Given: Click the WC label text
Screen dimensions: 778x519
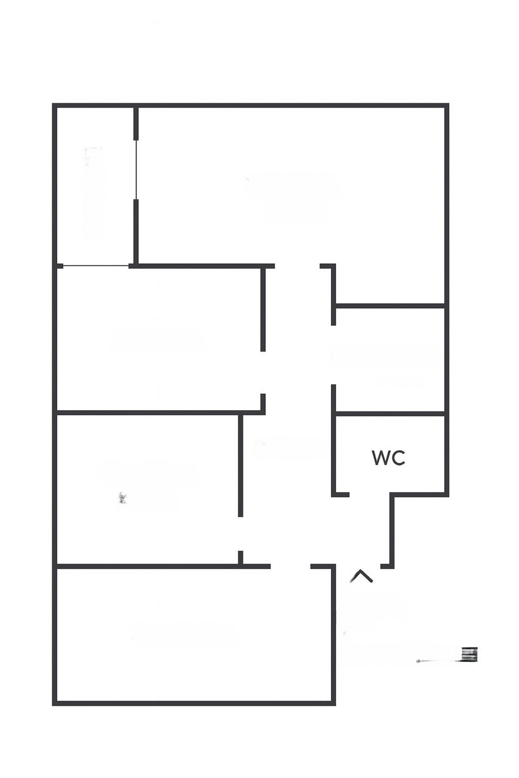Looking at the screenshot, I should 388,458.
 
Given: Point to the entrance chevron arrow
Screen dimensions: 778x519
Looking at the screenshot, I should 361,576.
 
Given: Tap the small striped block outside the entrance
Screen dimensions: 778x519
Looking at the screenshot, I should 469,654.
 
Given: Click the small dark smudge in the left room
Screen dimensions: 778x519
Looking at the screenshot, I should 122,498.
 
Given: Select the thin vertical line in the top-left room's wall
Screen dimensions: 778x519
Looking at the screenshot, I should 136,170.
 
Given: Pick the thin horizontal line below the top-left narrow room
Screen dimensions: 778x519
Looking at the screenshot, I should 96,266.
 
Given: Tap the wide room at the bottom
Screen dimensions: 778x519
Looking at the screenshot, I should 195,635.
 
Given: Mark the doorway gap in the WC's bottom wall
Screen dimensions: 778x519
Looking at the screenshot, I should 369,495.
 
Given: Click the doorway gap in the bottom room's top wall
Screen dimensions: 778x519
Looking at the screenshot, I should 290,566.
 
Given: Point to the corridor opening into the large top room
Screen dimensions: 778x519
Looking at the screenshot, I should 297,266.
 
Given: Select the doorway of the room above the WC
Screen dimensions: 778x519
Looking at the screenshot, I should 333,355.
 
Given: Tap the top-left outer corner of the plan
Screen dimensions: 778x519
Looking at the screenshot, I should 55,106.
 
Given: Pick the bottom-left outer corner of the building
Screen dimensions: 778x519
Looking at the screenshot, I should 55,703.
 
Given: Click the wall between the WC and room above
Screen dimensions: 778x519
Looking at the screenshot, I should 389,413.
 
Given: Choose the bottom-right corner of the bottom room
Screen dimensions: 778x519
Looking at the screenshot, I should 333,703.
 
